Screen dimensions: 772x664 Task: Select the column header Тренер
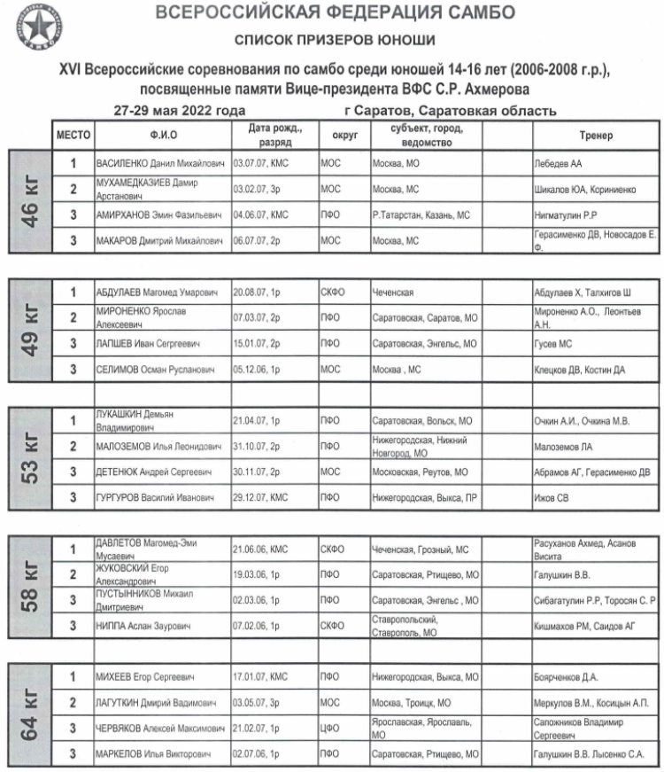tap(597, 136)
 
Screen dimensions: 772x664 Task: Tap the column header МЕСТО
tap(73, 136)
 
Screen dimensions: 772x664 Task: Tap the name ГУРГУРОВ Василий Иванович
tap(156, 498)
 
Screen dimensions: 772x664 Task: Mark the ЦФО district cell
tap(330, 729)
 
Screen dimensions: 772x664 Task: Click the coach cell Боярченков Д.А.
tap(567, 677)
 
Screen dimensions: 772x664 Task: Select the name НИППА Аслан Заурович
tap(144, 627)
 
